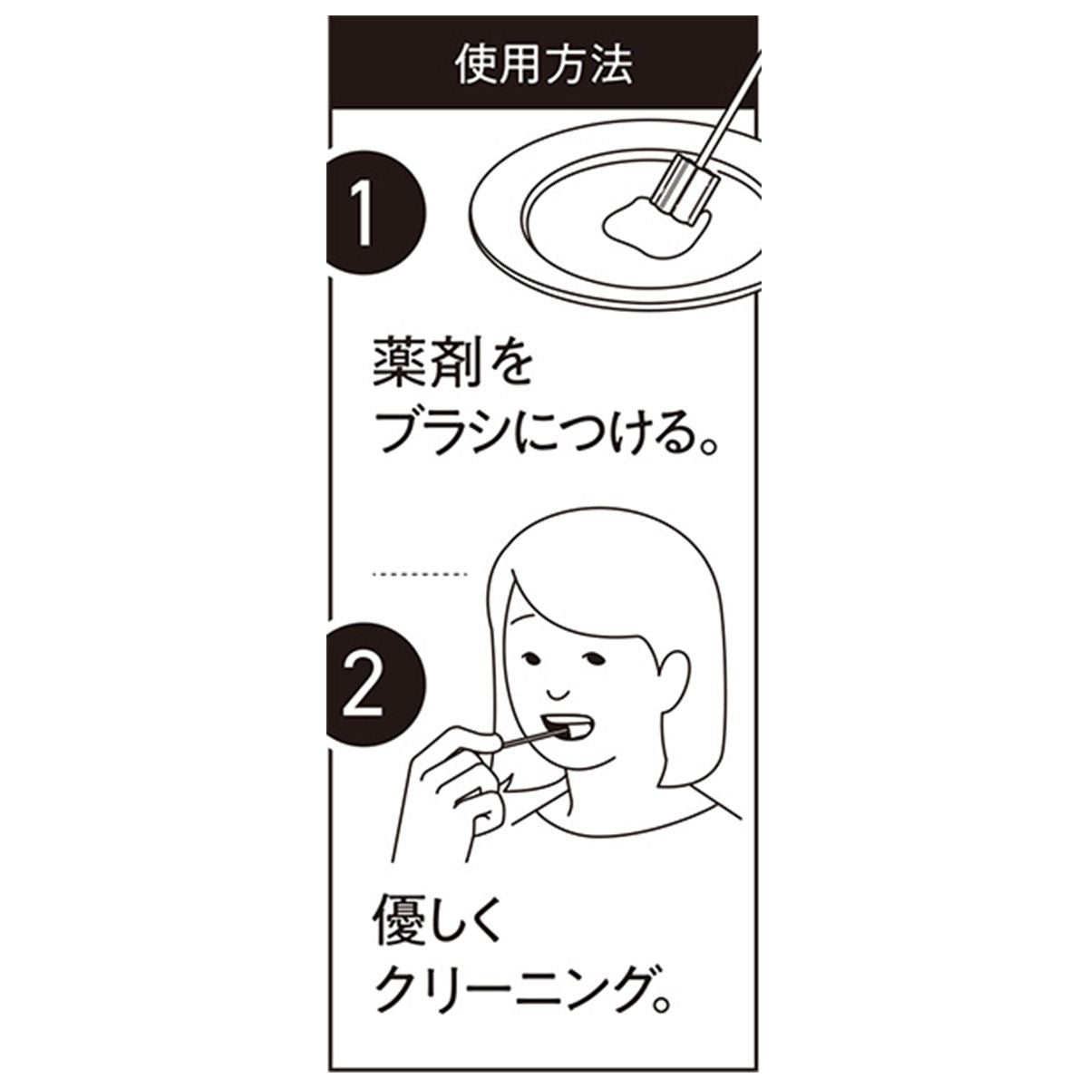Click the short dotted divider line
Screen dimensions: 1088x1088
click(420, 574)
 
